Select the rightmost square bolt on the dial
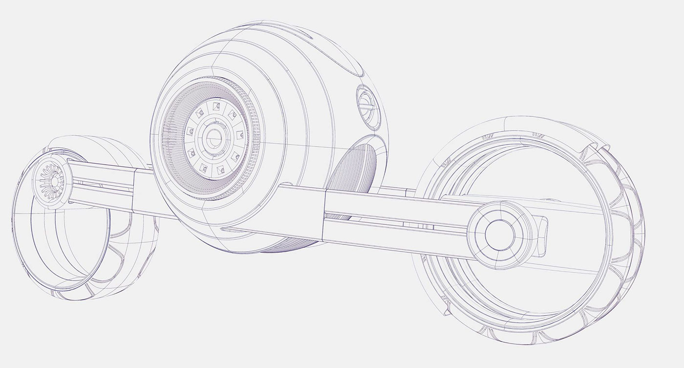tap(240, 134)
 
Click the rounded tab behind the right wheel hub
tap(543, 237)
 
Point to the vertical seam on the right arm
tap(324, 215)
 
